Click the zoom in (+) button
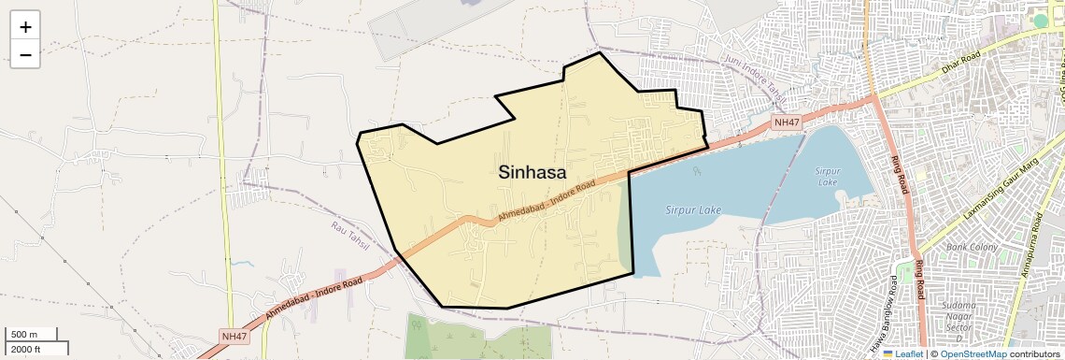click(x=25, y=27)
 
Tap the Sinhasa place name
click(x=532, y=172)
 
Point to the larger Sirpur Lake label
click(x=695, y=210)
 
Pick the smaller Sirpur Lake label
click(x=828, y=177)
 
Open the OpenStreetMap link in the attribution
click(x=973, y=353)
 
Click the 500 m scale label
click(x=23, y=334)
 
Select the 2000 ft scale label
click(x=25, y=349)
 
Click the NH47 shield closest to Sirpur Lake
click(x=787, y=122)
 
